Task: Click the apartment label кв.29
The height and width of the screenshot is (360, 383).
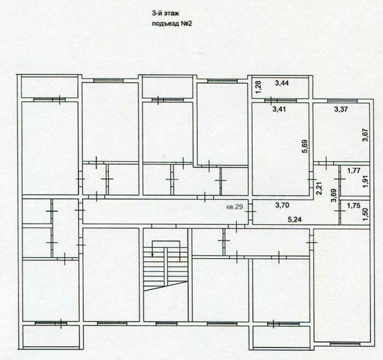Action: (x=234, y=207)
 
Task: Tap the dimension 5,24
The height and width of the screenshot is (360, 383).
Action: (x=294, y=219)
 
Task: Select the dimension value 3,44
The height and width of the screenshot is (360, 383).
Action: (x=282, y=83)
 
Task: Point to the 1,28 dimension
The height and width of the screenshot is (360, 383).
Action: (x=259, y=87)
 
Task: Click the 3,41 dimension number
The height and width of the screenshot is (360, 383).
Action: (x=279, y=109)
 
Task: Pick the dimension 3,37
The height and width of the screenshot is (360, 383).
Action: (x=341, y=109)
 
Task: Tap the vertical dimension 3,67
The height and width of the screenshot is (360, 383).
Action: (x=365, y=135)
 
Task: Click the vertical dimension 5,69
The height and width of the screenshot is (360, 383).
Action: (x=305, y=146)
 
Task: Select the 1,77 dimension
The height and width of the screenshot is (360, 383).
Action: (x=354, y=171)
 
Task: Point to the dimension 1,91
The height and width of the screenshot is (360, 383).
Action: (x=365, y=182)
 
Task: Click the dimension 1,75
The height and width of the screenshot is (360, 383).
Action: (x=353, y=206)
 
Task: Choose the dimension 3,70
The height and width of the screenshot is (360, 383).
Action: (x=282, y=205)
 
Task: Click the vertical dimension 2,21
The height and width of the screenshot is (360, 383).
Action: (x=319, y=189)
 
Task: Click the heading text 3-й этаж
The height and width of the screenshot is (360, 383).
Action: (x=166, y=13)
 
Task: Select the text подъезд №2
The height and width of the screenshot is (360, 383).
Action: (x=172, y=24)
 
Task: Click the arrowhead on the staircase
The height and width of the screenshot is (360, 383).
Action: (x=153, y=255)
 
